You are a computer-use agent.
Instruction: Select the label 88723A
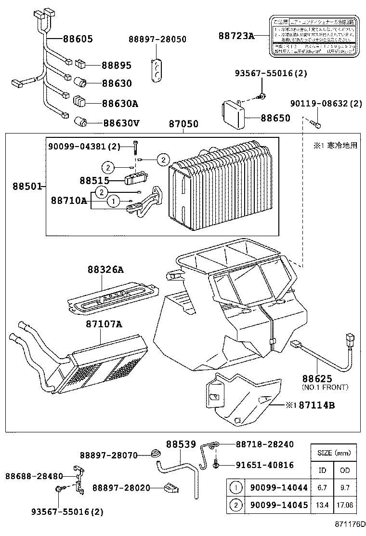click(x=236, y=35)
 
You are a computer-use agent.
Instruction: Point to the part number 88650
click(x=275, y=118)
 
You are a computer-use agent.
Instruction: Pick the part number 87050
click(x=183, y=124)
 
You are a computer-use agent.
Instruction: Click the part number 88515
click(x=95, y=180)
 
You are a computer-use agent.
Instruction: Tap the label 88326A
click(x=105, y=270)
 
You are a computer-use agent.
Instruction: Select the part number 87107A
click(x=104, y=324)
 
